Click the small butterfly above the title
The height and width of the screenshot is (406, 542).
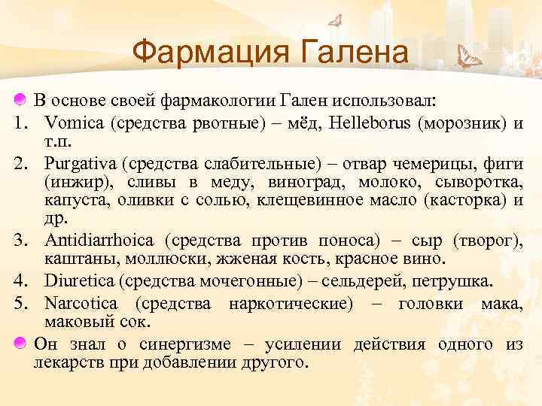(x=336, y=20)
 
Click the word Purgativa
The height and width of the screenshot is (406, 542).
(x=81, y=162)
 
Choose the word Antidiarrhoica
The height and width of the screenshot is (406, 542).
(x=99, y=241)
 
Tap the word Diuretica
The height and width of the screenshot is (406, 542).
(x=78, y=281)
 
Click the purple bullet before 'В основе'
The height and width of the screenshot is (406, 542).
(x=21, y=100)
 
